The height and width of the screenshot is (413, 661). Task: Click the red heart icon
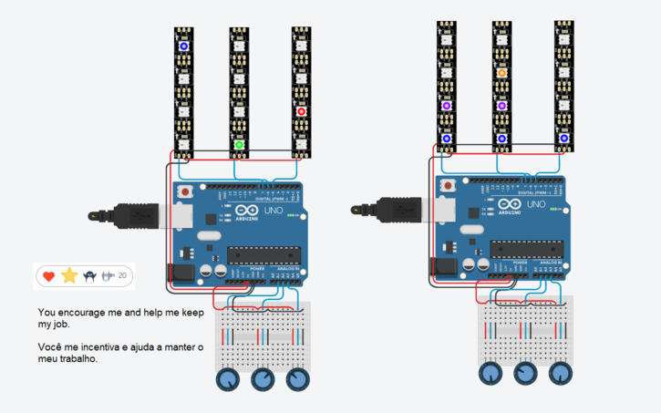(x=48, y=275)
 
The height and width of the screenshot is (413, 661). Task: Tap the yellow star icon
(x=69, y=275)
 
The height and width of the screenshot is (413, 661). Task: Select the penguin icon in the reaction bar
(x=90, y=275)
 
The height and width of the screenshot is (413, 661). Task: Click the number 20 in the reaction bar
(x=123, y=275)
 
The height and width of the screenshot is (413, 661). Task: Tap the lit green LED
(x=239, y=144)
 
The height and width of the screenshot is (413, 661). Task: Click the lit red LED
(x=301, y=112)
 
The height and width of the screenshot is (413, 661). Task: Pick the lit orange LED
(x=501, y=73)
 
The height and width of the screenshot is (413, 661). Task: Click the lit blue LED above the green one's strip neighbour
(x=183, y=46)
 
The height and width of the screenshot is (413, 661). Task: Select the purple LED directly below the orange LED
(x=501, y=106)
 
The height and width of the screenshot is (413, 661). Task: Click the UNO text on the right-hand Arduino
(x=539, y=205)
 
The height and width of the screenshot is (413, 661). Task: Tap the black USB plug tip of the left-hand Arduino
(x=94, y=217)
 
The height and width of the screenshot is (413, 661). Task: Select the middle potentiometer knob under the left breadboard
(x=262, y=380)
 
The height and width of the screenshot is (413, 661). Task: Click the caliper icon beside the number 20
(x=108, y=275)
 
